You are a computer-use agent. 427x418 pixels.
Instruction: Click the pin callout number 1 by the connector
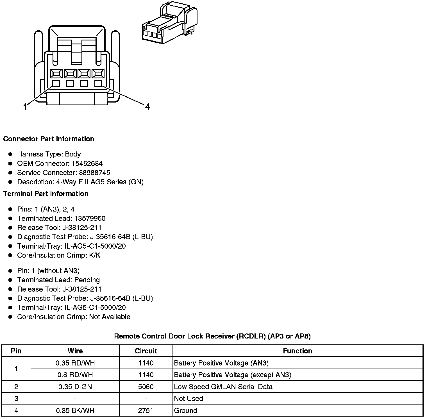(25, 107)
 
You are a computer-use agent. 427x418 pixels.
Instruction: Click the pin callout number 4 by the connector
(147, 107)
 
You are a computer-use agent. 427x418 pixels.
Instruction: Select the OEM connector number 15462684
(87, 163)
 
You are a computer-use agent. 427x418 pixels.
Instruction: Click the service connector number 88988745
(94, 173)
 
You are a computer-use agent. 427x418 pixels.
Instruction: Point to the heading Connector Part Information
(49, 139)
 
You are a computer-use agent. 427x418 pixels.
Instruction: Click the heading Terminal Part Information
(46, 194)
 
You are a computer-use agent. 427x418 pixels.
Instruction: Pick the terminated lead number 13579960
(90, 219)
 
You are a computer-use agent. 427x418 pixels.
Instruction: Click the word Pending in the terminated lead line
(87, 280)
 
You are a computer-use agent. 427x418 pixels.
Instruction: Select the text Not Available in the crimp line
(110, 317)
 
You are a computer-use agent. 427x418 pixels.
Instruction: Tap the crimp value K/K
(95, 255)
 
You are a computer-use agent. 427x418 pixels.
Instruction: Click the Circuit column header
(146, 351)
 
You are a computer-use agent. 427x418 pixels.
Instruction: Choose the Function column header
(297, 351)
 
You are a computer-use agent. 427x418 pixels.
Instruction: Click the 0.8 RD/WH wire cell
(75, 375)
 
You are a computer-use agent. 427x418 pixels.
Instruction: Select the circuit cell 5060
(146, 387)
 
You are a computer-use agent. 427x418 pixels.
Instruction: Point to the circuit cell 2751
(146, 410)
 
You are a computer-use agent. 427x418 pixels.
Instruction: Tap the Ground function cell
(185, 410)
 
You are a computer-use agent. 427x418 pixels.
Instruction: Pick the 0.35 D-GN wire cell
(75, 387)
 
